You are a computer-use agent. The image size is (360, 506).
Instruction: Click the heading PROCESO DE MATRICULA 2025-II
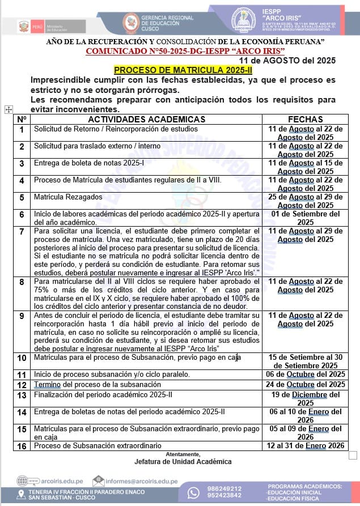pyautogui.click(x=175, y=70)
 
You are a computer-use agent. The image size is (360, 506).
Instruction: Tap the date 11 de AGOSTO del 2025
pyautogui.click(x=287, y=61)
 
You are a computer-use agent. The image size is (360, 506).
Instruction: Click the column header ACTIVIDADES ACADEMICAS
pyautogui.click(x=146, y=120)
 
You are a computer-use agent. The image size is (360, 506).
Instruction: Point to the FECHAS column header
pyautogui.click(x=306, y=120)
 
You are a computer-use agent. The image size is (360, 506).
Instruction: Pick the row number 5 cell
pyautogui.click(x=22, y=198)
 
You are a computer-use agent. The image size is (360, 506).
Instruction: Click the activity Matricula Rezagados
pyautogui.click(x=68, y=197)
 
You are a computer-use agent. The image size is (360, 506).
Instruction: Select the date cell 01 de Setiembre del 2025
pyautogui.click(x=306, y=218)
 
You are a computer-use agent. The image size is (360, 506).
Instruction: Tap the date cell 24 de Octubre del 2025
pyautogui.click(x=306, y=385)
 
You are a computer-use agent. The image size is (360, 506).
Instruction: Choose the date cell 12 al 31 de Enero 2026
pyautogui.click(x=306, y=446)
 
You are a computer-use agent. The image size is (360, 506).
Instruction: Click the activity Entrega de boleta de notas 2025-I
pyautogui.click(x=89, y=163)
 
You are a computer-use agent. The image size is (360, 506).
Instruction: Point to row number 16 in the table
pyautogui.click(x=22, y=447)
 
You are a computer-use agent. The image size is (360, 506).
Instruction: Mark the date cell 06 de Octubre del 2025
pyautogui.click(x=306, y=375)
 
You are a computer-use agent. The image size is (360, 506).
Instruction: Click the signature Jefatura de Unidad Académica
pyautogui.click(x=183, y=462)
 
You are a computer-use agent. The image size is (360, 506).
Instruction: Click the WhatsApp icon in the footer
pyautogui.click(x=194, y=492)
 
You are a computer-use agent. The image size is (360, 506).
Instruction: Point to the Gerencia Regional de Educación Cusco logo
pyautogui.click(x=131, y=23)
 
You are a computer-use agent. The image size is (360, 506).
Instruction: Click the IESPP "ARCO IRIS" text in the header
pyautogui.click(x=282, y=15)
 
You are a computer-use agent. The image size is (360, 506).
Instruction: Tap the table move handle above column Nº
pyautogui.click(x=9, y=109)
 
